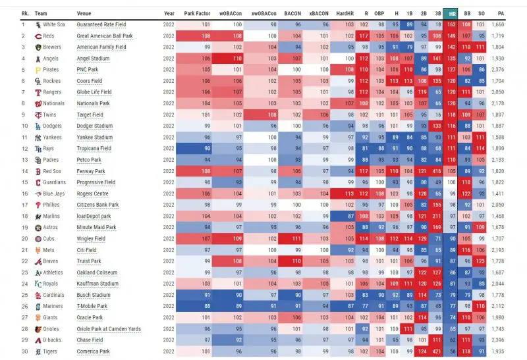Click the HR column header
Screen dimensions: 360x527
click(451, 13)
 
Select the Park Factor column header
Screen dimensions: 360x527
click(198, 13)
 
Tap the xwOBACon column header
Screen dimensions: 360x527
click(264, 13)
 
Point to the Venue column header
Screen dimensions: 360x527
click(84, 13)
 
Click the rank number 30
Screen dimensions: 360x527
click(24, 352)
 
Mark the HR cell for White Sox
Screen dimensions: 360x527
click(451, 25)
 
